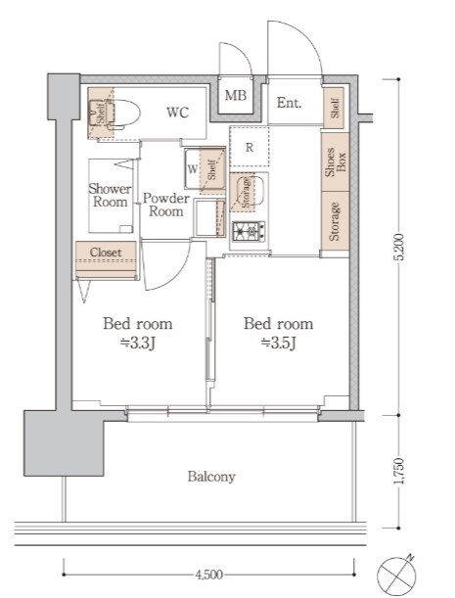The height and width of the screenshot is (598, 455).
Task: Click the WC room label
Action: (177, 113)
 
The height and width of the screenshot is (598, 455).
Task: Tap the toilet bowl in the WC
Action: (123, 113)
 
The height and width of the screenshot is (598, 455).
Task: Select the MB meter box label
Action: (235, 95)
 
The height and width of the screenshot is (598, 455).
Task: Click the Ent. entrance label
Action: (289, 103)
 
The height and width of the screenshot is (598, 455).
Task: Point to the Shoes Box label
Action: (335, 162)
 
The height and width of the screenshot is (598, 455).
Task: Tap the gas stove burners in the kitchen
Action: (249, 231)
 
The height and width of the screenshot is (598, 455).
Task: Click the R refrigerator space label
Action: (250, 147)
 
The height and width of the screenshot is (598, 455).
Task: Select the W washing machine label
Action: (193, 168)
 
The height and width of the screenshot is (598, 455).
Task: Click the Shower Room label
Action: (110, 195)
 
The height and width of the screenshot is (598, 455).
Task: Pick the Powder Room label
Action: (166, 205)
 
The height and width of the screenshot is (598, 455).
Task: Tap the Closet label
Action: (106, 253)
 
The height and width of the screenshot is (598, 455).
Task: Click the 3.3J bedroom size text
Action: (137, 344)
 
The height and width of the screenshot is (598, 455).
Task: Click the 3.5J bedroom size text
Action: (279, 344)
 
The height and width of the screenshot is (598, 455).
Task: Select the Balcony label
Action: (211, 477)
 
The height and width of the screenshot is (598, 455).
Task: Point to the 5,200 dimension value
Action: (399, 247)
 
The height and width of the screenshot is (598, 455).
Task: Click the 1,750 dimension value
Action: (399, 471)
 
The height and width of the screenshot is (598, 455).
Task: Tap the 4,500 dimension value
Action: (208, 574)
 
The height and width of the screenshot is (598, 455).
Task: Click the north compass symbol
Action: (397, 575)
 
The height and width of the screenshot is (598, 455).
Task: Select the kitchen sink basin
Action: (250, 191)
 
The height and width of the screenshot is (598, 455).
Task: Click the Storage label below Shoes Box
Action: (335, 221)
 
